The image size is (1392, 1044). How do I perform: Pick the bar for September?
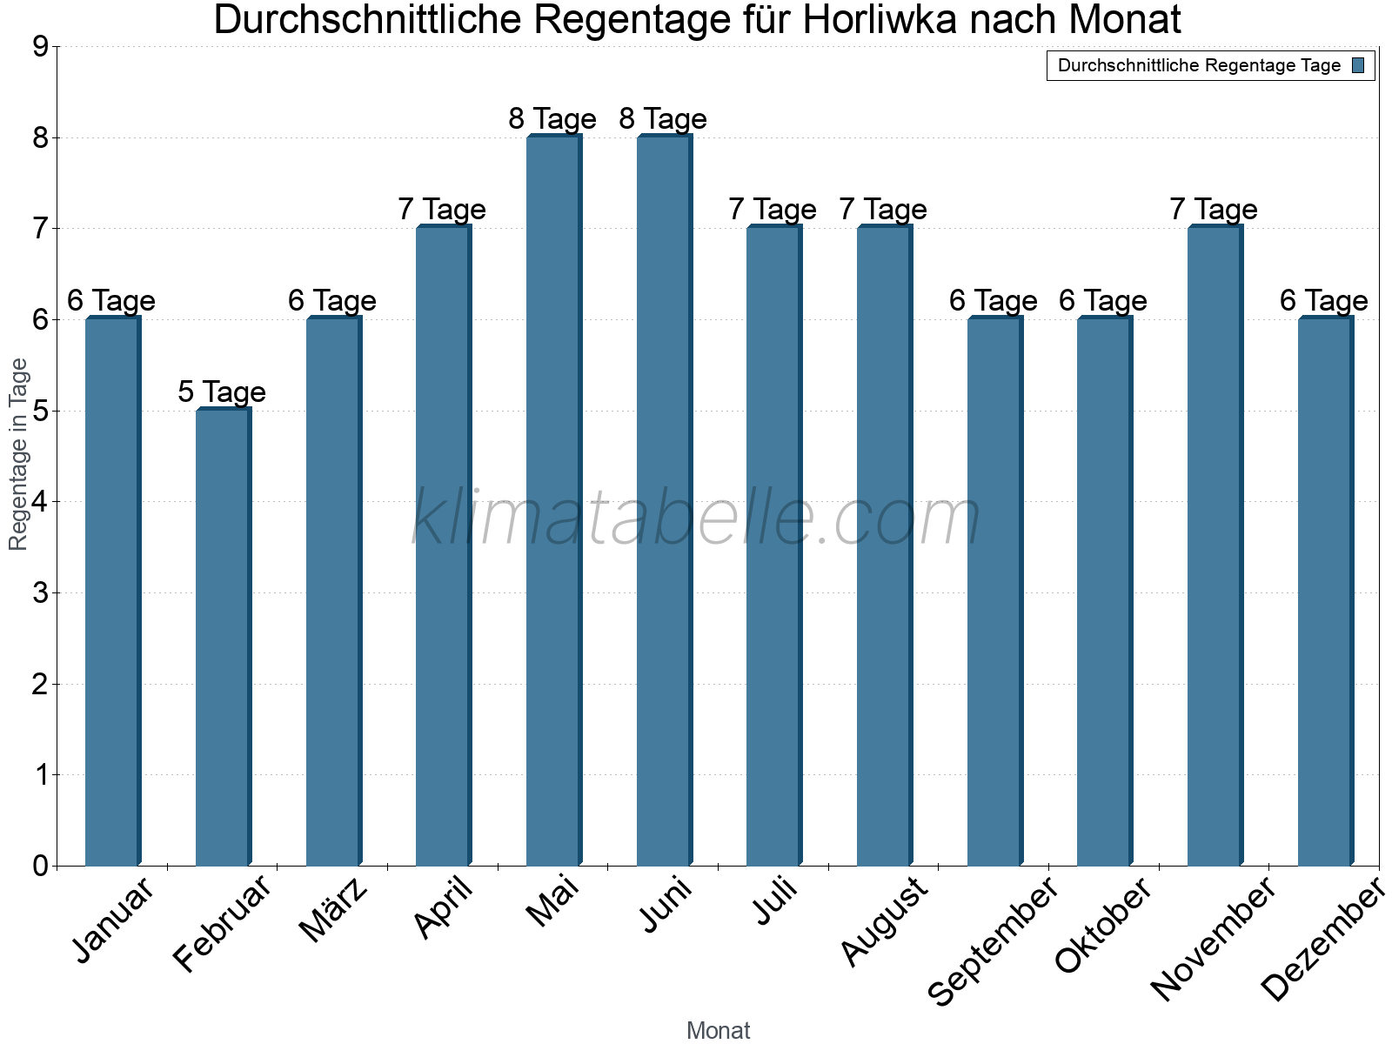coord(994,592)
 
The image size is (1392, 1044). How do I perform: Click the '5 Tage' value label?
coord(222,391)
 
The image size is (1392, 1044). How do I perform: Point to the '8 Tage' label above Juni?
coord(663,118)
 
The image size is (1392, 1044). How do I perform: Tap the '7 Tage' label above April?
coord(442,210)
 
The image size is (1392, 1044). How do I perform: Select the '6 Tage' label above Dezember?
coord(1324,301)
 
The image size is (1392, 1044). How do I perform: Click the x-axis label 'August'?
coord(886,921)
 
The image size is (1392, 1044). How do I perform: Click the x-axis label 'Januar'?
coord(114,920)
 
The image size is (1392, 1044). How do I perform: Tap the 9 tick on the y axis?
coord(40,47)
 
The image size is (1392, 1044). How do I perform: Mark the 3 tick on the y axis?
coord(40,593)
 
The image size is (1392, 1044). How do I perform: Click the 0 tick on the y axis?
coord(40,866)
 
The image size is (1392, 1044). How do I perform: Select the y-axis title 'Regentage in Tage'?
coord(18,454)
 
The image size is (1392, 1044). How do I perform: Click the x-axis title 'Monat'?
coord(718,1031)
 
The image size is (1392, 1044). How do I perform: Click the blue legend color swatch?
coord(1359,65)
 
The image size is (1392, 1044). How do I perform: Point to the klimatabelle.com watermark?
coord(696,518)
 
